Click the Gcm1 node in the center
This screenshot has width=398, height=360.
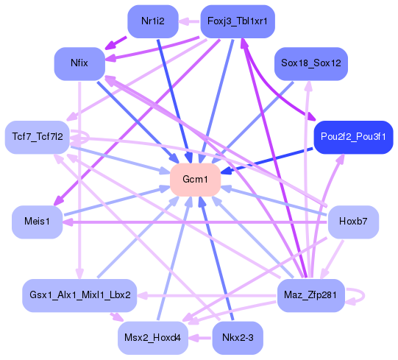196,180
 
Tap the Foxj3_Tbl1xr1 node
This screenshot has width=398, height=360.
237,21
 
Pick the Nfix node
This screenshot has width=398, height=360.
79,63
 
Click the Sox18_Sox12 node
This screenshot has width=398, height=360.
310,63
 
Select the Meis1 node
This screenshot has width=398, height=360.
37,222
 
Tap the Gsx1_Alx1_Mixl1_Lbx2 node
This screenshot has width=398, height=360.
80,294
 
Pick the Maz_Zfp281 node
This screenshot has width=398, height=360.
310,295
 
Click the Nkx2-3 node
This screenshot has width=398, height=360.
236,338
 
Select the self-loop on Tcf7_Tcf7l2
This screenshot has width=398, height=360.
82,137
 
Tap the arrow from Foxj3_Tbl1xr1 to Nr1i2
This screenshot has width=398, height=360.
190,21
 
